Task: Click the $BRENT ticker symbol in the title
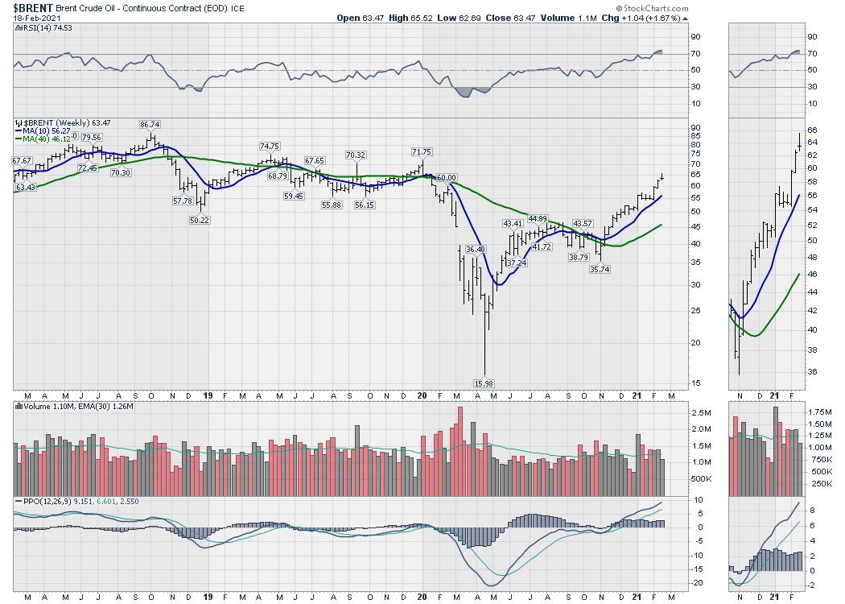click(32, 7)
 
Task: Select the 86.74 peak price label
click(150, 125)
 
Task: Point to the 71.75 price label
click(422, 151)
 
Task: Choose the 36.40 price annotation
click(476, 250)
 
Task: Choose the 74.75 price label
click(269, 146)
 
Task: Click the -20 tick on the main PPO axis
click(699, 582)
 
